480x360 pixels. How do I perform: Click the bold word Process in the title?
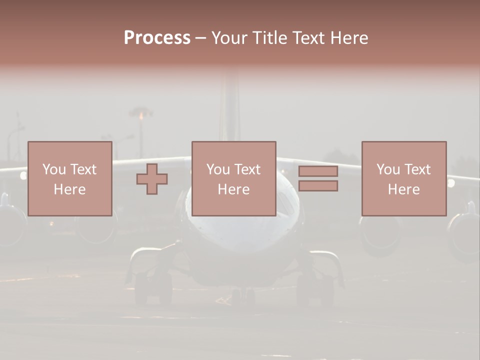[x=157, y=38]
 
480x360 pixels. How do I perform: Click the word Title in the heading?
[x=269, y=38]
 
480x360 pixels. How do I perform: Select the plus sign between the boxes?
[x=152, y=179]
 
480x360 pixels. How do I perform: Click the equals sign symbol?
[x=318, y=178]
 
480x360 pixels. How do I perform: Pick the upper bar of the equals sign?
[x=318, y=171]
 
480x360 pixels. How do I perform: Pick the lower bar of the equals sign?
[x=318, y=186]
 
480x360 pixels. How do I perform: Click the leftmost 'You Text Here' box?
[x=70, y=178]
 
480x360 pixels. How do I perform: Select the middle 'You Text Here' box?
[x=234, y=178]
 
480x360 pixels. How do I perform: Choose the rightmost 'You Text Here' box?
[x=404, y=178]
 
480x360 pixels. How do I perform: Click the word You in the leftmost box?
[x=54, y=169]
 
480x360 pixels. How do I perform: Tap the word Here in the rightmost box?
[x=404, y=189]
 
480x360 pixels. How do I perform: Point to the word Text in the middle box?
[x=247, y=169]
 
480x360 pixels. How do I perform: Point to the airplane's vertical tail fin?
[x=230, y=105]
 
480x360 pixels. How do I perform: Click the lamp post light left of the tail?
[x=141, y=114]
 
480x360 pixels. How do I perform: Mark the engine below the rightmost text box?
[x=380, y=235]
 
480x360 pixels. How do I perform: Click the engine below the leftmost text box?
[x=95, y=230]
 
